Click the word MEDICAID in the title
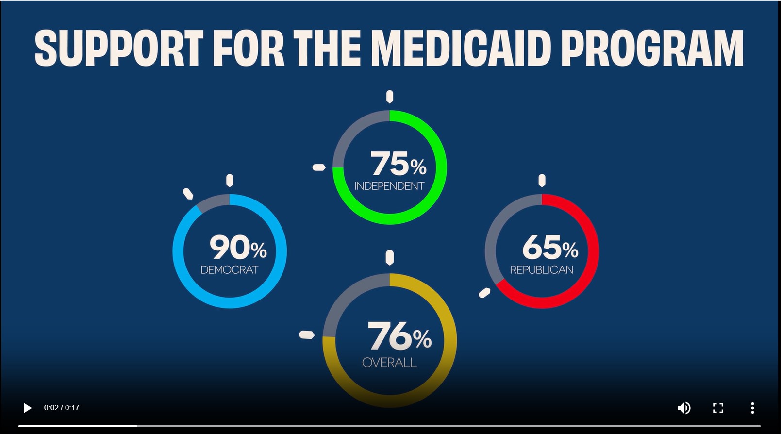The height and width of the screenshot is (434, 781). coord(461,48)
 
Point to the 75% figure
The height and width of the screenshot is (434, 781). coord(398,164)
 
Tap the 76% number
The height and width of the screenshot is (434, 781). coord(399,336)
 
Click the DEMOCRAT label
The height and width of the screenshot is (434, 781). coord(230,270)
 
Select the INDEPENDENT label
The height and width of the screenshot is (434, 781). coord(389,186)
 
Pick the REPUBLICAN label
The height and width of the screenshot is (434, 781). coord(542,270)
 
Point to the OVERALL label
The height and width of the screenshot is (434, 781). coord(389,363)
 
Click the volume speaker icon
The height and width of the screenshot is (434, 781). coord(684,408)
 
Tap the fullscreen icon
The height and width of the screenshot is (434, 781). coord(718,408)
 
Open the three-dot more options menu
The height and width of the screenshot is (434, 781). coord(752,408)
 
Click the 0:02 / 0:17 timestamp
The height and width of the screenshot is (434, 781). coord(62,408)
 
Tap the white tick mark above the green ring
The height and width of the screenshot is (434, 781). coord(390,97)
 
